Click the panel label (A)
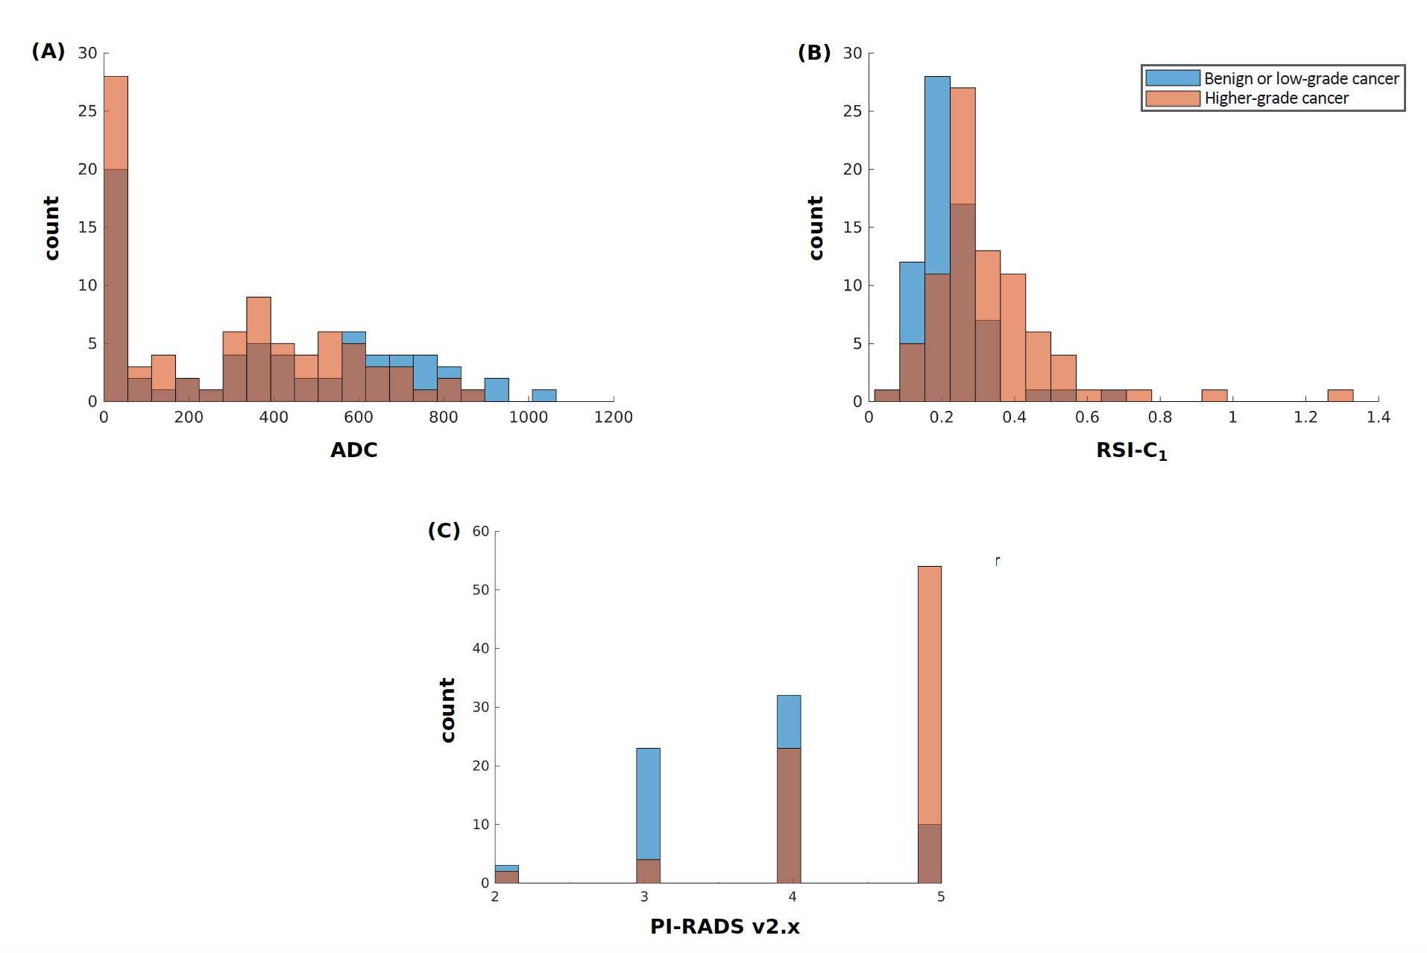[48, 51]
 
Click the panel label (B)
[813, 52]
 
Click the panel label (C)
[444, 530]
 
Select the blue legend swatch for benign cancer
[1172, 78]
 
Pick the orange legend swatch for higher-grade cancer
[1172, 98]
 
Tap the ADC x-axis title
[354, 450]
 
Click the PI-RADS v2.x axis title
[725, 927]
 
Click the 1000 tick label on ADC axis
[528, 418]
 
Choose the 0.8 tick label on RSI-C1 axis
[1160, 418]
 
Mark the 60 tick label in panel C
[481, 532]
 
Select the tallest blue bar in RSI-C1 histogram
[937, 172]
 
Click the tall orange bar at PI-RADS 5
[929, 693]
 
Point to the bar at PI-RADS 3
[648, 805]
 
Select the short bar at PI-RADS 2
[506, 874]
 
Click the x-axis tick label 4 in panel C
[792, 897]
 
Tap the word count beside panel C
[447, 710]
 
